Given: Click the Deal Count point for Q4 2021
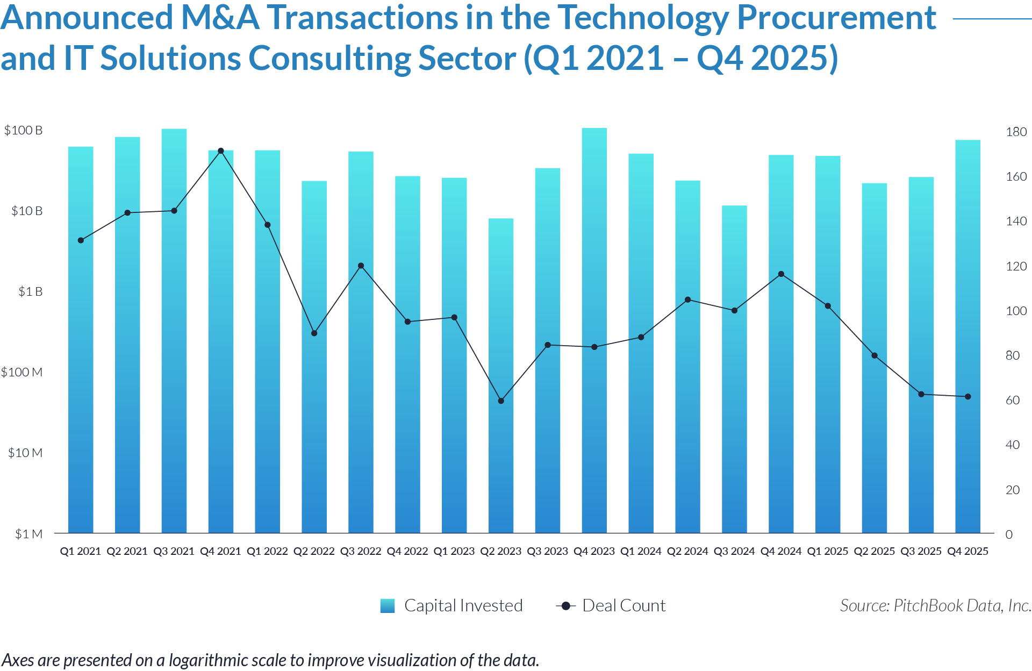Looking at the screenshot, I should [221, 151].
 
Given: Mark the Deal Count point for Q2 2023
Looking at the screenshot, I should [501, 401].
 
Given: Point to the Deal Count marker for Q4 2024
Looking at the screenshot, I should [781, 274].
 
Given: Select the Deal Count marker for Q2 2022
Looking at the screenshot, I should [314, 333].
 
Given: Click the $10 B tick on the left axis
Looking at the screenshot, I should [26, 211].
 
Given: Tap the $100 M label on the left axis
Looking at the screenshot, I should [21, 372].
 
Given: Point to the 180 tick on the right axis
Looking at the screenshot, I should [1016, 132].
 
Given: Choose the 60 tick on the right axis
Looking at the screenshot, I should [1013, 400].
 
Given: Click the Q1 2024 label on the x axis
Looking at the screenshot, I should [641, 551].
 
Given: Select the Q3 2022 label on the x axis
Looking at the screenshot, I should [361, 551].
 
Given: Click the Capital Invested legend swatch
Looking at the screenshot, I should [388, 606].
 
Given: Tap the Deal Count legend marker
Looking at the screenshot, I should [565, 606].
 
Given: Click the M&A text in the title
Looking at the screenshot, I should [220, 18].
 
